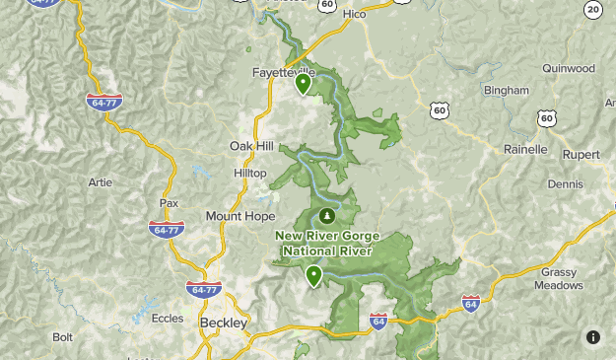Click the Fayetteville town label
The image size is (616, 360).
click(283, 72)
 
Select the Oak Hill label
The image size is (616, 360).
click(251, 145)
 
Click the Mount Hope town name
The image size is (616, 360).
click(240, 215)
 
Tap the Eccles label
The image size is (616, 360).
click(168, 319)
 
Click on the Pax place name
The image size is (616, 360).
click(169, 203)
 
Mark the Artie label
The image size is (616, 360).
click(100, 182)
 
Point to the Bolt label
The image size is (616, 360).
click(63, 336)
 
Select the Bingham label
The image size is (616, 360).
click(507, 91)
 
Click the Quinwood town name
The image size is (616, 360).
click(568, 68)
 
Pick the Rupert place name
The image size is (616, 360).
click(580, 154)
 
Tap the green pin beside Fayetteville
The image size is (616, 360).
click(304, 84)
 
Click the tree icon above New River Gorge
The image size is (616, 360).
click(325, 215)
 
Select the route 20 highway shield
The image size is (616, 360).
click(592, 10)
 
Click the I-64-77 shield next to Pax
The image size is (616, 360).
click(167, 229)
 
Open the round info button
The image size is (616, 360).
click(592, 336)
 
